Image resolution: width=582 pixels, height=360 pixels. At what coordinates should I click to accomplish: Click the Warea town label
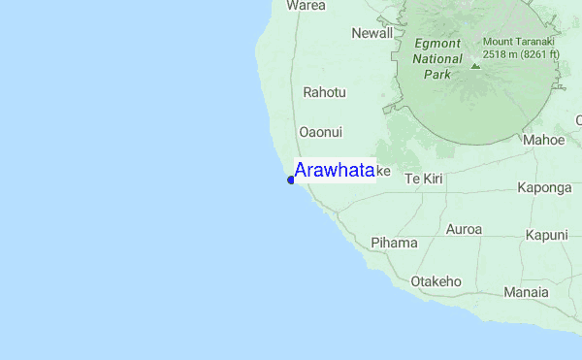[x=306, y=5]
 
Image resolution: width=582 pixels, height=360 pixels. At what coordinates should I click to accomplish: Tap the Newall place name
[x=372, y=33]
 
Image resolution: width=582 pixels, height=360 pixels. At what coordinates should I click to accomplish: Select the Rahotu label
[x=324, y=92]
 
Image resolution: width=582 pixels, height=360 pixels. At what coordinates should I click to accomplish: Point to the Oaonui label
[x=321, y=132]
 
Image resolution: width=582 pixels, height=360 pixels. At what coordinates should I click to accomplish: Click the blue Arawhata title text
[x=334, y=171]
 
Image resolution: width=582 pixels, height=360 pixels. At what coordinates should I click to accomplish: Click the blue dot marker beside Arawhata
[x=291, y=180]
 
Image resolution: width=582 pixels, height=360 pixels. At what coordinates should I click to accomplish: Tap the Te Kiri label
[x=424, y=179]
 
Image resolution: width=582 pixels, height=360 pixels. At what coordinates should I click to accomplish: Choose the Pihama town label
[x=394, y=243]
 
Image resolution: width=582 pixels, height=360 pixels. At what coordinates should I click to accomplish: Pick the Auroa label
[x=463, y=230]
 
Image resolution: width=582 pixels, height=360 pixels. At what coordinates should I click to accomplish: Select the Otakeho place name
[x=436, y=281]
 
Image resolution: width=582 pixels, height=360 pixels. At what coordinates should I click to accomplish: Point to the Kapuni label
[x=547, y=235]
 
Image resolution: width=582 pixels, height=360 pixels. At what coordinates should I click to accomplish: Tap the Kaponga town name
[x=544, y=188]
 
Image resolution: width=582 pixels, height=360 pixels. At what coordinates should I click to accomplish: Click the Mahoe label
[x=543, y=140]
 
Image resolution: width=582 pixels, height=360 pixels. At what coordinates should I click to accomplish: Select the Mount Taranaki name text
[x=518, y=42]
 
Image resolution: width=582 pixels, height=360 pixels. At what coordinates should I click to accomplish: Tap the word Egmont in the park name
[x=437, y=44]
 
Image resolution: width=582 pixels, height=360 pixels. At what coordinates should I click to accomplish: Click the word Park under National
[x=437, y=74]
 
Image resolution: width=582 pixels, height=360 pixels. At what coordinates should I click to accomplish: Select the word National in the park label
[x=437, y=58]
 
